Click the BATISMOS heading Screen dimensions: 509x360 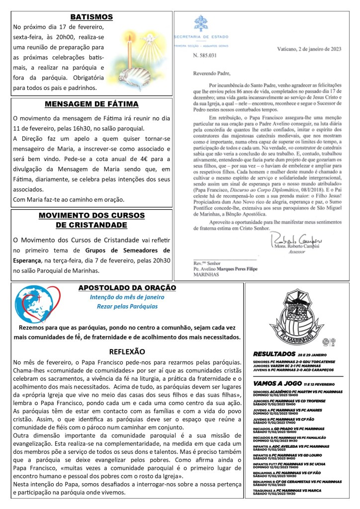coord(91,17)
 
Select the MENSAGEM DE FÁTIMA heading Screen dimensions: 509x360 coord(91,104)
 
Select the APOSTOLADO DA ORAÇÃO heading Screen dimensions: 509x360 coord(127,288)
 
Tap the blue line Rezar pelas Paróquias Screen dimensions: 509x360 coord(127,306)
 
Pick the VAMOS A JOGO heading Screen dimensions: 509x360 coord(279,384)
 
